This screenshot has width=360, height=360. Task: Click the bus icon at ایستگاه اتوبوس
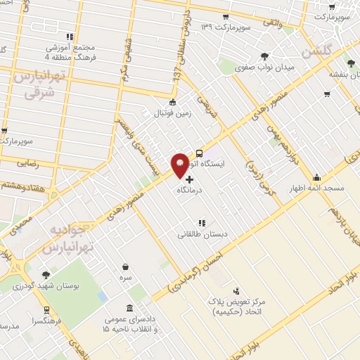(x=200, y=152)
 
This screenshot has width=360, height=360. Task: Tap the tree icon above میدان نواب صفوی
(x=264, y=56)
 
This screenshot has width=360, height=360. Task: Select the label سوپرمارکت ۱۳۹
(x=226, y=27)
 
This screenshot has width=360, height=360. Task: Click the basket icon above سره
(x=126, y=266)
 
